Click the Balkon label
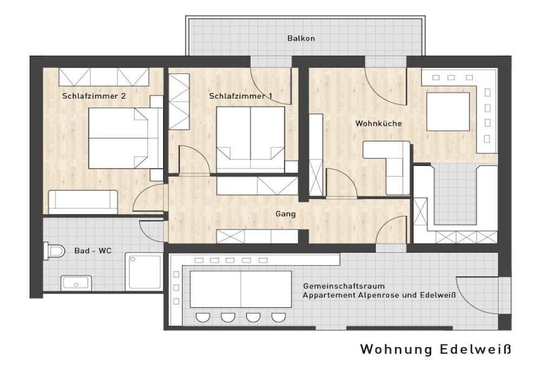click(301, 38)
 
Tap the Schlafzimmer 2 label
click(94, 96)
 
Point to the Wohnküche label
click(378, 124)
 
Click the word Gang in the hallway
click(286, 214)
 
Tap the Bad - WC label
click(93, 251)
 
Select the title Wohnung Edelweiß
click(436, 349)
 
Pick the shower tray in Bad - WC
click(144, 271)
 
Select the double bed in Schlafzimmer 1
click(250, 140)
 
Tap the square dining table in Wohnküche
click(448, 112)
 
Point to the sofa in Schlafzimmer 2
click(83, 202)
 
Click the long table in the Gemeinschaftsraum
click(241, 289)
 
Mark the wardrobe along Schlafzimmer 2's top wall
click(104, 77)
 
